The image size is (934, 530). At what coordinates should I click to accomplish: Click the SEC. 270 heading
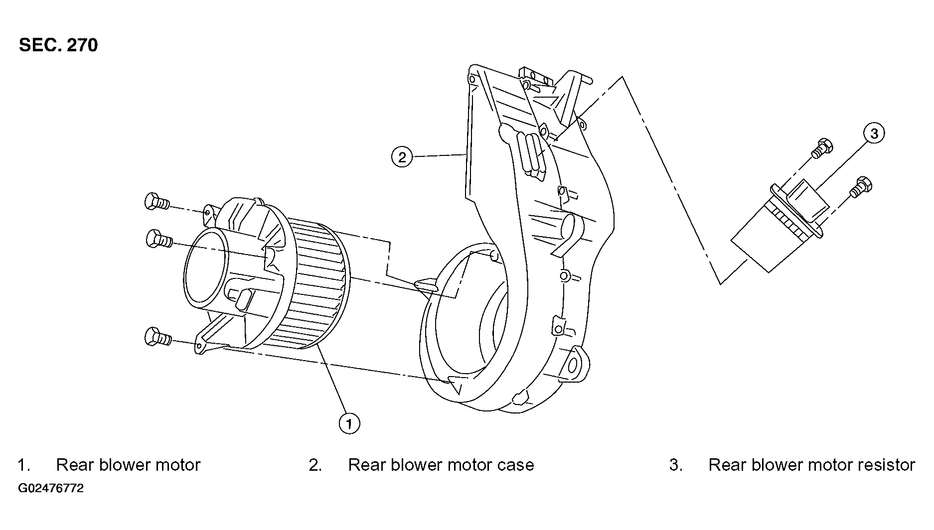tap(58, 45)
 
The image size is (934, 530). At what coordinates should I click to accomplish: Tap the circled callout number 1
tap(349, 423)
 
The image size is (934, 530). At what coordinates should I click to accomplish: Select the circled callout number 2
tap(402, 157)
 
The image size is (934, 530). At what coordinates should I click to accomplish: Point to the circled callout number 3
tap(874, 133)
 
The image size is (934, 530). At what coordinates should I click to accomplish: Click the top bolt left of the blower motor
tap(157, 202)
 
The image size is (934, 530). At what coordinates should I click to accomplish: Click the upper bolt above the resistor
tap(822, 148)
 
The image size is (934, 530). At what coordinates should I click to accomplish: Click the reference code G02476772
tap(51, 488)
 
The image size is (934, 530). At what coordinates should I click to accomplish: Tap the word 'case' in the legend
tap(516, 465)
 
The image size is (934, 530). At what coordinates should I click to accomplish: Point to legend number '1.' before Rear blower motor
tap(24, 465)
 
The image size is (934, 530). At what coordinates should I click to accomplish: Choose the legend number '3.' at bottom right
tap(676, 465)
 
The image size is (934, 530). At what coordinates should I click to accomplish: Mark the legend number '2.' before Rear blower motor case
tap(315, 465)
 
